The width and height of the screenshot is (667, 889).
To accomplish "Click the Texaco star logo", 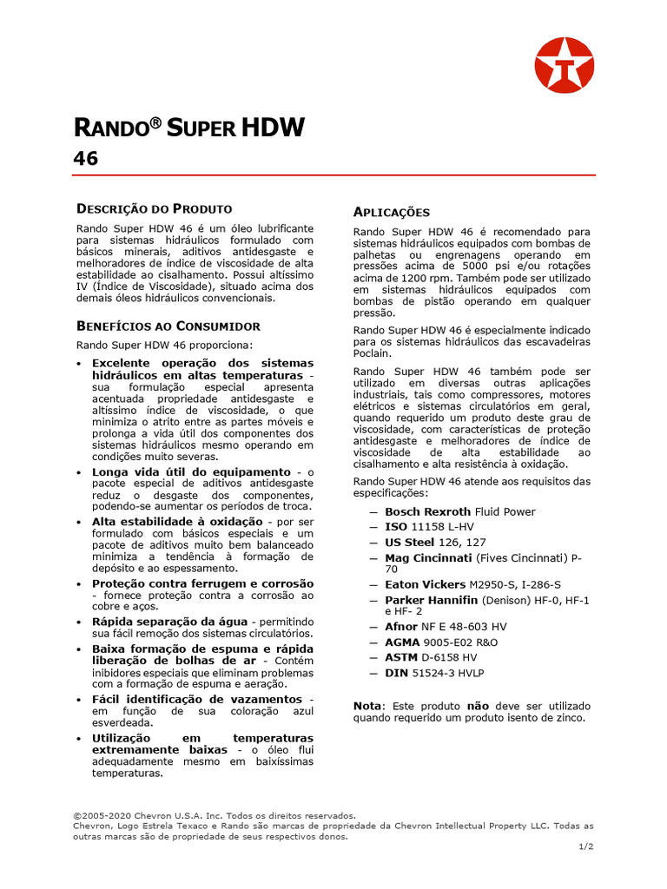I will (565, 65).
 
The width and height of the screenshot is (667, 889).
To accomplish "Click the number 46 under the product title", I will (85, 159).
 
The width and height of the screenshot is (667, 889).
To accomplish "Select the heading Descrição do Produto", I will (155, 208).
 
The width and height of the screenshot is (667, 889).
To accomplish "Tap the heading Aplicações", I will (392, 213).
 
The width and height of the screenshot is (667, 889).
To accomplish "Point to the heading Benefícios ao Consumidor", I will (168, 326).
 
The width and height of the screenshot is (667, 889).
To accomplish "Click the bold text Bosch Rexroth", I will (427, 512).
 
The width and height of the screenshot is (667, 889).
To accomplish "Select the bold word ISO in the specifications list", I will (396, 527).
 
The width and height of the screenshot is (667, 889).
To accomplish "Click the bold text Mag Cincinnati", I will (427, 557).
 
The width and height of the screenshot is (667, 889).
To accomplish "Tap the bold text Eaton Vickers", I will (425, 585).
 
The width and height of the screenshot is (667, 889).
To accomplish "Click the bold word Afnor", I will (401, 627).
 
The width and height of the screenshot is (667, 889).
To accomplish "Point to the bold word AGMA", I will (401, 642).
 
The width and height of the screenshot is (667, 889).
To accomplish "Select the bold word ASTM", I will (400, 657).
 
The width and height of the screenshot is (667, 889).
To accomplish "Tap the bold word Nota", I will (367, 706).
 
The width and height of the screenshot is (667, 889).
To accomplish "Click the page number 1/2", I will (586, 846).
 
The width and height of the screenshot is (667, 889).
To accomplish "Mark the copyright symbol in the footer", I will (76, 816).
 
